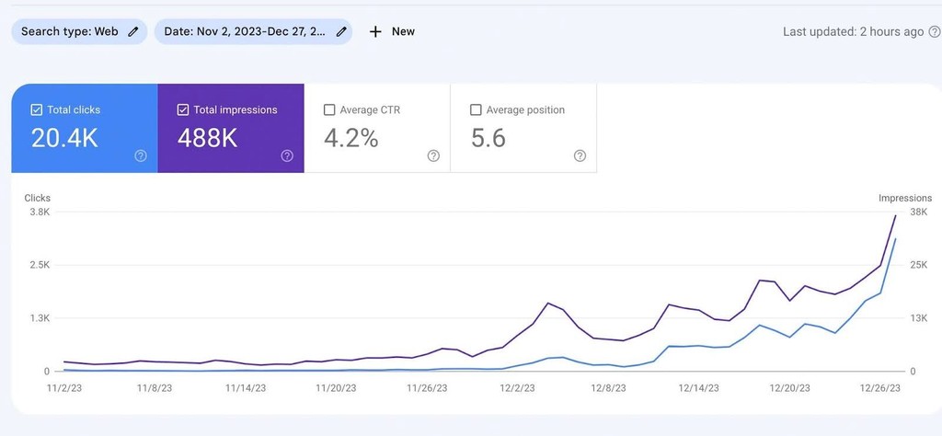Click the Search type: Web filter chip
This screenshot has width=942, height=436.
click(x=78, y=31)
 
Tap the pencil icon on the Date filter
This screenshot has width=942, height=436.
click(x=342, y=31)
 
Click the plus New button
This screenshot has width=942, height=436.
click(x=392, y=31)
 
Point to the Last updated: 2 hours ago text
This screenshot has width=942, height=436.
click(x=853, y=31)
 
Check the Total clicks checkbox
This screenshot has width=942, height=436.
click(x=37, y=109)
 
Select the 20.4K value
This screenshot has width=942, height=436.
click(x=64, y=138)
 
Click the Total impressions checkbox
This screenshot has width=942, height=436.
click(x=183, y=109)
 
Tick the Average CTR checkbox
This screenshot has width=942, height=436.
click(x=329, y=109)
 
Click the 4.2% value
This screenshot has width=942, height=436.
click(x=351, y=138)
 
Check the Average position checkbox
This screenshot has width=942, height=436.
click(x=476, y=109)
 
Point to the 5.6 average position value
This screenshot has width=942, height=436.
click(x=488, y=138)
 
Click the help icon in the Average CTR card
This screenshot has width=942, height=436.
click(x=433, y=155)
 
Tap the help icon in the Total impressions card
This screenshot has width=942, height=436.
click(x=287, y=155)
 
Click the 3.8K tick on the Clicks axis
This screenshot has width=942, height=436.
click(x=40, y=212)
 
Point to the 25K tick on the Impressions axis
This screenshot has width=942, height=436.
click(x=919, y=265)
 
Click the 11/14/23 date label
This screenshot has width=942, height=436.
click(x=245, y=388)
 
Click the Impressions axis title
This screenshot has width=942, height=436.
click(x=905, y=198)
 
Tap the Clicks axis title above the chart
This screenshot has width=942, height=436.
click(x=38, y=198)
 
